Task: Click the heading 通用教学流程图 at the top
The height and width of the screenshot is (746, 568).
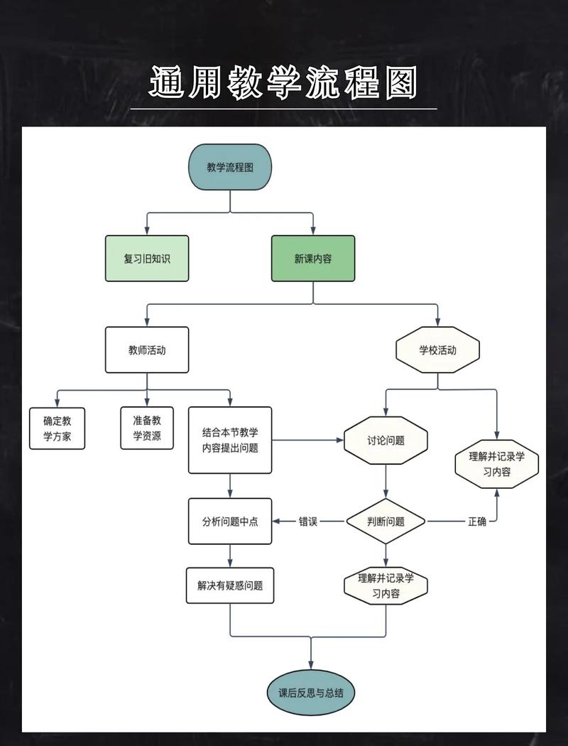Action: click(x=283, y=83)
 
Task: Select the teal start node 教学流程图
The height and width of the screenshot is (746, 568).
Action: click(x=230, y=168)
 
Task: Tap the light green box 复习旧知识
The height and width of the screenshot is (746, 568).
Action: click(x=147, y=259)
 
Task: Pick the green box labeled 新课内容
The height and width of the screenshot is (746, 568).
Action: click(x=313, y=259)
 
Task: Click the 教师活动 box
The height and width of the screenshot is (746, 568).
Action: click(x=147, y=350)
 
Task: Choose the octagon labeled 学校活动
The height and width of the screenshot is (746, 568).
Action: click(x=437, y=350)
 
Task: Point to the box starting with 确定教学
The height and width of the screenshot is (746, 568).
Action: click(x=58, y=428)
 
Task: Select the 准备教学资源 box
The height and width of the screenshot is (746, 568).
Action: click(x=147, y=428)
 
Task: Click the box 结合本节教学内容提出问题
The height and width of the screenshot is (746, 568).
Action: click(x=230, y=440)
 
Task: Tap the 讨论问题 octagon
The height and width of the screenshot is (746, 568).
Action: click(x=386, y=440)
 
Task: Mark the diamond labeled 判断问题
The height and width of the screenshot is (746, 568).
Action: click(x=386, y=521)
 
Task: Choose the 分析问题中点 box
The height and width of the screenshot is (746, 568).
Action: click(x=230, y=521)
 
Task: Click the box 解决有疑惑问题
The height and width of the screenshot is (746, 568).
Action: click(x=230, y=585)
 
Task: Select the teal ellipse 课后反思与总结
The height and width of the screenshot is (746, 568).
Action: click(x=311, y=692)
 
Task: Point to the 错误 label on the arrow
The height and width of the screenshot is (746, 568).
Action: click(x=308, y=521)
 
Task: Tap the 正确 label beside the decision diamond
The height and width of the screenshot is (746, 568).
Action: click(x=477, y=521)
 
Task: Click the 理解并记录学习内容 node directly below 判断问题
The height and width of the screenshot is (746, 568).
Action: click(x=386, y=585)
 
